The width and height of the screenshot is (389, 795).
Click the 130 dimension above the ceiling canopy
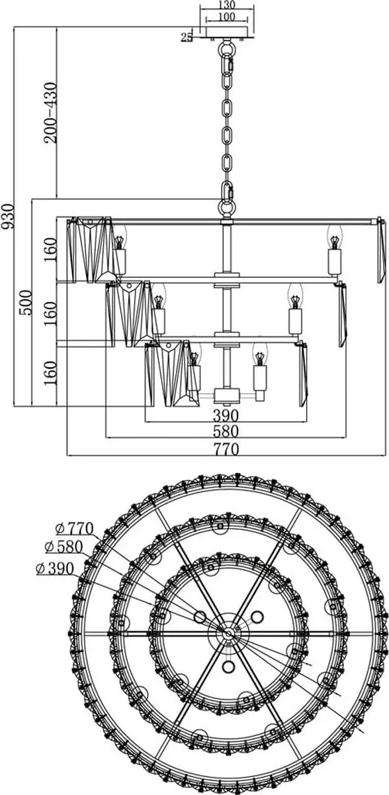tap(227, 5)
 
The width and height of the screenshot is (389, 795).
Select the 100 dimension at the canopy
tap(227, 17)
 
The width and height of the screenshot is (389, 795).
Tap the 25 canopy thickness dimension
tap(187, 37)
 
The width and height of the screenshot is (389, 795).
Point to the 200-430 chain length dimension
tap(50, 113)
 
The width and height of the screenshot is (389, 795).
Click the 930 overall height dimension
tap(8, 216)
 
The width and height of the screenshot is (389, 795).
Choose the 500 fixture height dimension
tap(26, 303)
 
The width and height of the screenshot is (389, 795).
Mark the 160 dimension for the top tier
tap(50, 250)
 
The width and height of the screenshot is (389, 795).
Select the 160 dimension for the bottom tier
tap(50, 373)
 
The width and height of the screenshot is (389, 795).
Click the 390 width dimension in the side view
tap(226, 415)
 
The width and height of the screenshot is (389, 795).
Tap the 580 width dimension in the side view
tap(226, 431)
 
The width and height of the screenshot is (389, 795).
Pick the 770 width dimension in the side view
tap(226, 449)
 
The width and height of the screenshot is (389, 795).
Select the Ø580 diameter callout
tap(64, 547)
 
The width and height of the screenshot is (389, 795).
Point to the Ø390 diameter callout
tap(55, 568)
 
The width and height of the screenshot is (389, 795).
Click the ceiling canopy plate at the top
tap(227, 32)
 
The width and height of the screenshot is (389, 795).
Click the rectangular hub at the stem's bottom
tap(227, 395)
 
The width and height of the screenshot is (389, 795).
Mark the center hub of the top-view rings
tap(228, 633)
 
